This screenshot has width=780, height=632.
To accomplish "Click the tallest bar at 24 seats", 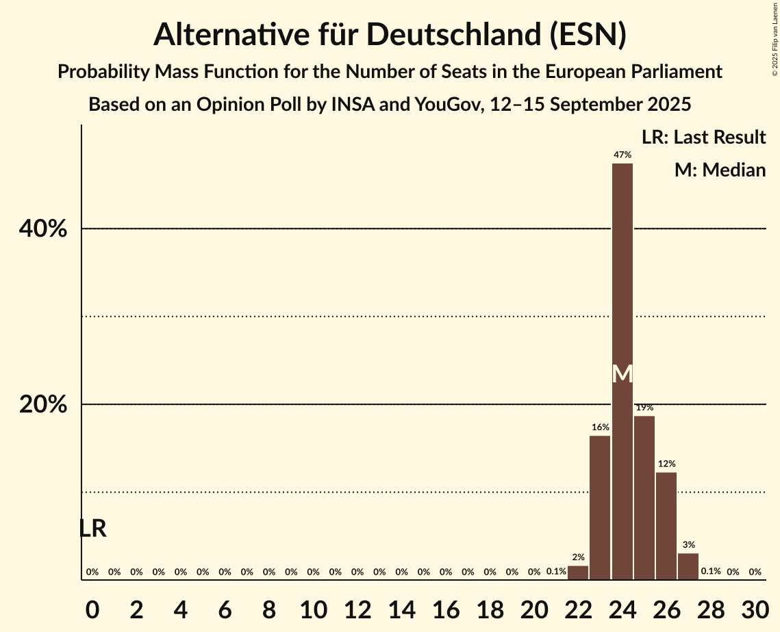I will [622, 274].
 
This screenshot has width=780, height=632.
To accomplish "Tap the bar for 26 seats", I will [666, 526].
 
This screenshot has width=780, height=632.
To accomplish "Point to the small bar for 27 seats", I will [688, 566].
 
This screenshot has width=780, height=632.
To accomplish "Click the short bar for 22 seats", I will [578, 572].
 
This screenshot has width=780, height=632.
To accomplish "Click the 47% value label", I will [622, 155].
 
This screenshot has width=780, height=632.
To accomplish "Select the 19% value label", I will [644, 408].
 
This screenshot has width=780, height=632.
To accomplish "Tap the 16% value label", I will [600, 427].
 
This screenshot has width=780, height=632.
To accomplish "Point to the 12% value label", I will [666, 464].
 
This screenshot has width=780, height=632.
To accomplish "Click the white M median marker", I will [622, 374].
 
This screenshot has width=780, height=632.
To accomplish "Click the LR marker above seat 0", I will [92, 529].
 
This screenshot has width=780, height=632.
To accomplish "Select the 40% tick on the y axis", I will [43, 229].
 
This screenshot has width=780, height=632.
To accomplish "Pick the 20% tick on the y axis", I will [43, 405].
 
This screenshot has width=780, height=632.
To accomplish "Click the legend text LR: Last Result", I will [703, 137].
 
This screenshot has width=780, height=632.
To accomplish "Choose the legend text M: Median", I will [720, 170].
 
